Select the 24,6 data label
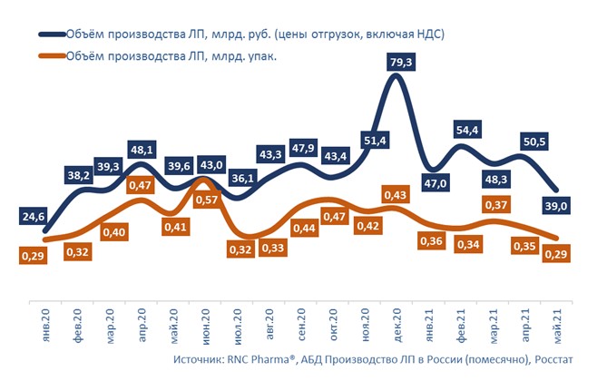click(x=34, y=217)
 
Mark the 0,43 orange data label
click(x=394, y=194)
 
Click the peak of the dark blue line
click(x=395, y=78)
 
